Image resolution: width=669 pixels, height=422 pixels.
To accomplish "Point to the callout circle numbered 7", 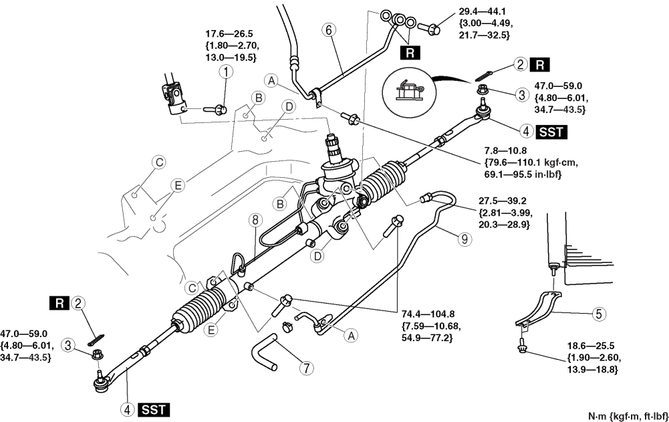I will click(307, 368).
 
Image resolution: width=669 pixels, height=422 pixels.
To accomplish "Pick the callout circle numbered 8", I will click(255, 219).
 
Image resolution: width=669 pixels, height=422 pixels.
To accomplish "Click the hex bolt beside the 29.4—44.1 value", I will click(431, 28).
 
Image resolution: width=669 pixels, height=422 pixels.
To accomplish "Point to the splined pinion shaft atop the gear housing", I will click(332, 144).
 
